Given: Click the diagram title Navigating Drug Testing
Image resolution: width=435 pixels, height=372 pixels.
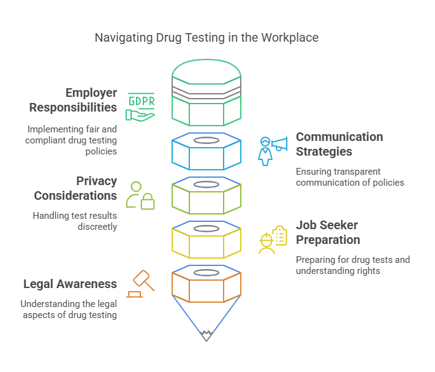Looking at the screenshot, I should coord(206,38).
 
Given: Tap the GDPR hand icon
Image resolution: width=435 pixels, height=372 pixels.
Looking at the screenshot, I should coord(141,107).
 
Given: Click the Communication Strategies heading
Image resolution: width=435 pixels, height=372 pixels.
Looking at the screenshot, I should coord(339,144).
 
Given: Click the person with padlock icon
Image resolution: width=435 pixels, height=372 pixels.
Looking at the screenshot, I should coord(140,195).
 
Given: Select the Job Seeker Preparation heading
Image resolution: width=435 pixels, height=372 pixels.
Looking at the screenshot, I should coord(327,232).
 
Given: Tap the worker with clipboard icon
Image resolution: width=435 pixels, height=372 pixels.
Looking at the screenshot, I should coord(273,239).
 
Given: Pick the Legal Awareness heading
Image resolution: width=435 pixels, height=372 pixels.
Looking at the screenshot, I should coord(70,284).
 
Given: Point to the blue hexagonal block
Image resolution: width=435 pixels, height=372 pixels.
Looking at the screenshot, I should coord(206,151).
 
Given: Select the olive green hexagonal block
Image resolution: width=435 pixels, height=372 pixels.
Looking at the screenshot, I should coord(206,195).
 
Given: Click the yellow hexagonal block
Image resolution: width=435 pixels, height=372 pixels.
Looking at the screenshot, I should coord(206,240).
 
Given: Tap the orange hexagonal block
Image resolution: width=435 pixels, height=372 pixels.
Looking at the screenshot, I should coord(206,283).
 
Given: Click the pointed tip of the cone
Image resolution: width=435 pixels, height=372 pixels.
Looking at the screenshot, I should coord(206,336).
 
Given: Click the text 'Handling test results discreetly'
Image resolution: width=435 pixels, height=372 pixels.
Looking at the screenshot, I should coord(75,221).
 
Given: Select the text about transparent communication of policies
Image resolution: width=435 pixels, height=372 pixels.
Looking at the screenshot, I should coord(350,177).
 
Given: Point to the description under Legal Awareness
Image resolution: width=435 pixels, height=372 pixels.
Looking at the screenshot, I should coord(69,309).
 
